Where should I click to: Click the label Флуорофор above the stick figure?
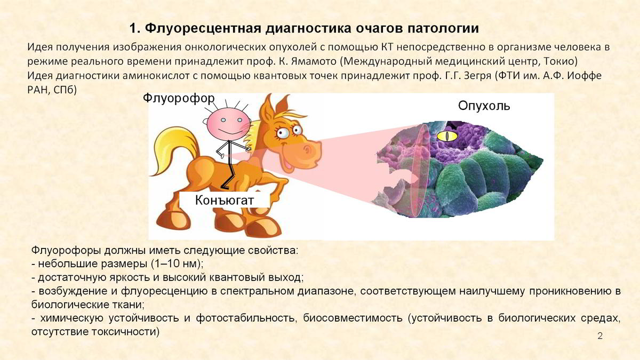tap(179, 99)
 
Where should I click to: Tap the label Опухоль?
tap(484, 106)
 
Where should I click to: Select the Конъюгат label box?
tap(225, 200)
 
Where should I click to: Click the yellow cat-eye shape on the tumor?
tap(447, 135)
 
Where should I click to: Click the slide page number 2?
tap(600, 335)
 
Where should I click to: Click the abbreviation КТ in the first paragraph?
tap(387, 47)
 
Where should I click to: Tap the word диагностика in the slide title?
tap(306, 28)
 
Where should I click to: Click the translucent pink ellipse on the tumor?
tap(420, 170)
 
